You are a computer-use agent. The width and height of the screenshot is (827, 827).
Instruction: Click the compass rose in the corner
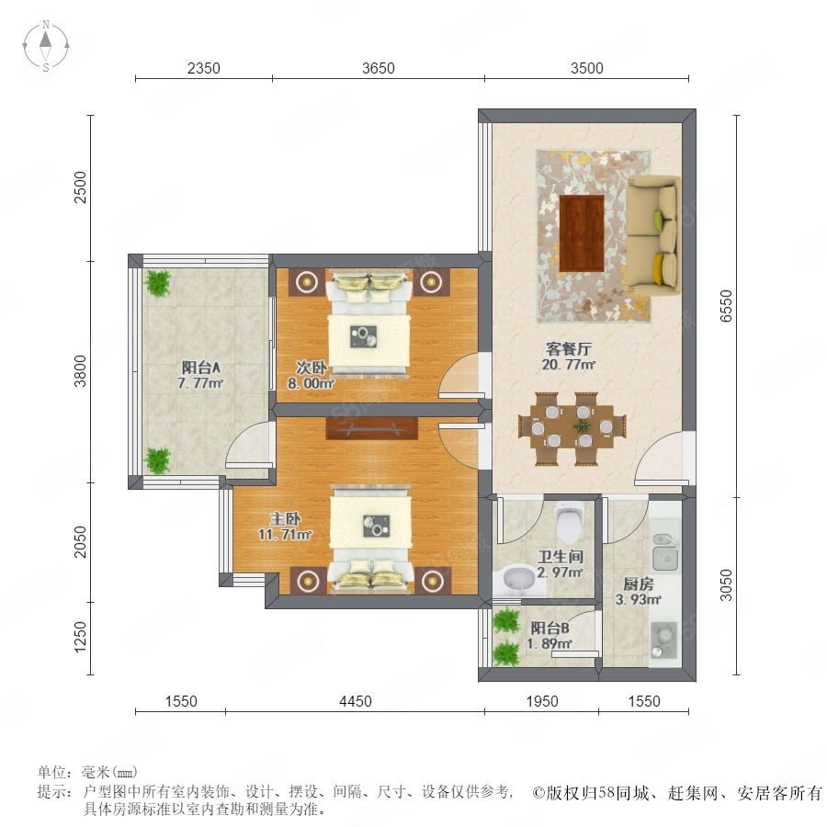point(46,46)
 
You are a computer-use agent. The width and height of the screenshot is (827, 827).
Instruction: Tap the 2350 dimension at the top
point(204,68)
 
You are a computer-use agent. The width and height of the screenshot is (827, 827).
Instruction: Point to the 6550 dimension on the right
point(726,306)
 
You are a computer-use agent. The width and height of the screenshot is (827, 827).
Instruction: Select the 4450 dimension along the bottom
point(356,701)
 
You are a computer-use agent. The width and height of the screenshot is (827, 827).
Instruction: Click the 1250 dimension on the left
point(80,637)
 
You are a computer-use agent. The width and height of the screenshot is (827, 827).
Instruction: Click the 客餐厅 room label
point(569,348)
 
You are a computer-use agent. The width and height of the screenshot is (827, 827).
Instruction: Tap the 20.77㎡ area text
point(569,365)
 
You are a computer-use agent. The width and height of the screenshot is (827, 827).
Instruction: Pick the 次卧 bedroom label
point(311,368)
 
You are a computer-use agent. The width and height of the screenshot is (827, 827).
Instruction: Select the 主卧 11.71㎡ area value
point(285,534)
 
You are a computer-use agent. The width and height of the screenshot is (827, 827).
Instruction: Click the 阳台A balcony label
point(200,368)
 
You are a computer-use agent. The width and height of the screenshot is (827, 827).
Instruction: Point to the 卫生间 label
point(561,557)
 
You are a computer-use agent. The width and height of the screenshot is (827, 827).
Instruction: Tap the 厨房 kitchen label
point(639,583)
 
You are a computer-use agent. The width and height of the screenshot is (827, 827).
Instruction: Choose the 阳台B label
point(549,629)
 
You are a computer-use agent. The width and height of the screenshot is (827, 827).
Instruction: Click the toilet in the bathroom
point(569,522)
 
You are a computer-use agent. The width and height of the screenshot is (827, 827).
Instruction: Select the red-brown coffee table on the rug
point(582,233)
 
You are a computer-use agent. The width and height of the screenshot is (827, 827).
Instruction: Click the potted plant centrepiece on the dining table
point(582,425)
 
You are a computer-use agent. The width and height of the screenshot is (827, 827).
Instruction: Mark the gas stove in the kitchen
point(664,640)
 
